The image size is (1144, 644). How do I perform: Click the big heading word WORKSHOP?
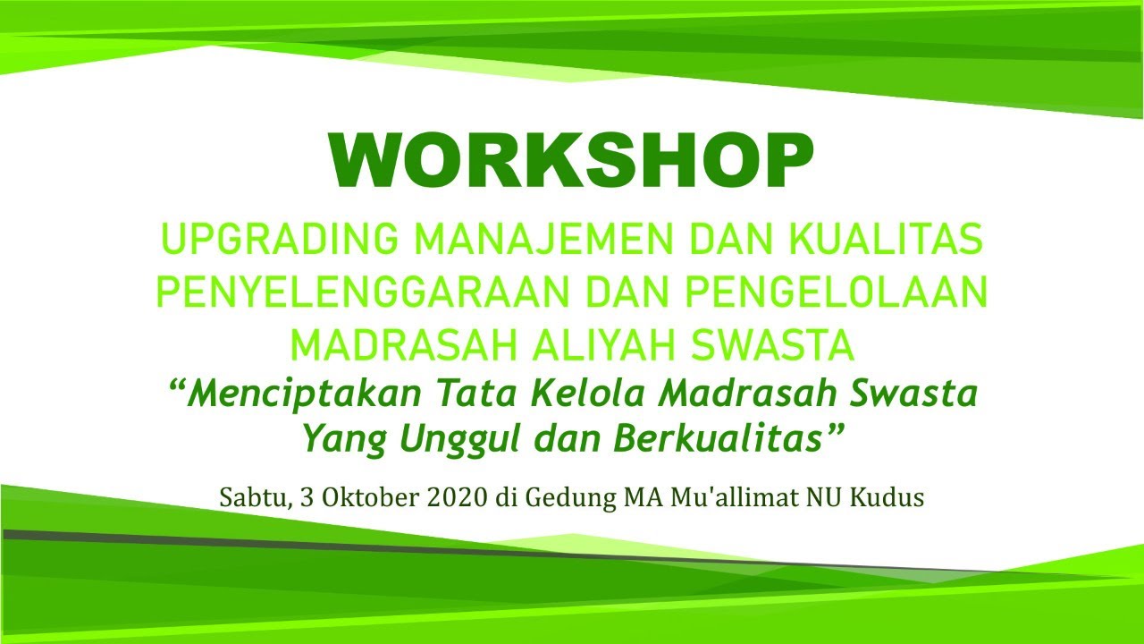pyautogui.click(x=571, y=162)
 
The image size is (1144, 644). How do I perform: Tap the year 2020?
pyautogui.click(x=453, y=497)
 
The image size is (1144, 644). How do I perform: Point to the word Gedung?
pyautogui.click(x=569, y=498)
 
